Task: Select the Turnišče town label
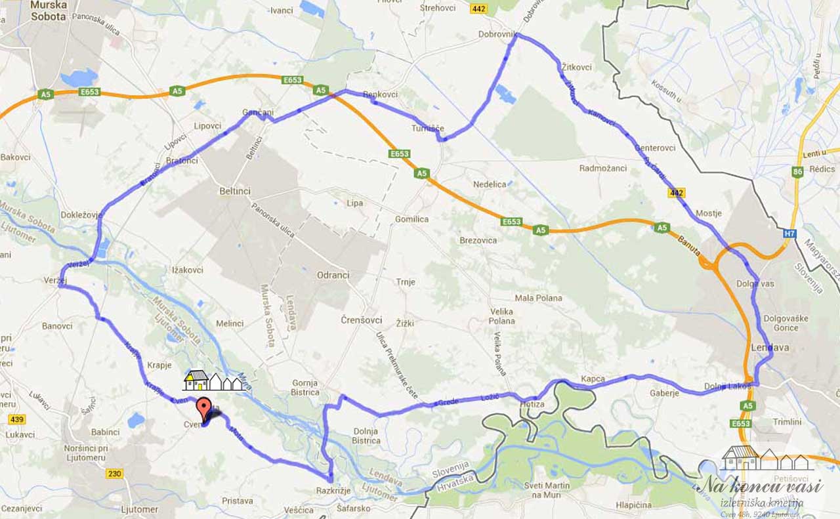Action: click(428, 129)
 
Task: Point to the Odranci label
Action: click(333, 275)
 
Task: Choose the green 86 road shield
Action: click(797, 173)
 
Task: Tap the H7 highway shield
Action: click(790, 233)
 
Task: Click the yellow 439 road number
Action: click(16, 419)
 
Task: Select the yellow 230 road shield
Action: click(114, 473)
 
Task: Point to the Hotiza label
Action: click(532, 404)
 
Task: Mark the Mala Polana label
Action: click(538, 298)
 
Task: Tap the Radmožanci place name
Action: click(602, 169)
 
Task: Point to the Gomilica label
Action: click(411, 219)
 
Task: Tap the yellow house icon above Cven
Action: click(196, 380)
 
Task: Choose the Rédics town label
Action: click(822, 169)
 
